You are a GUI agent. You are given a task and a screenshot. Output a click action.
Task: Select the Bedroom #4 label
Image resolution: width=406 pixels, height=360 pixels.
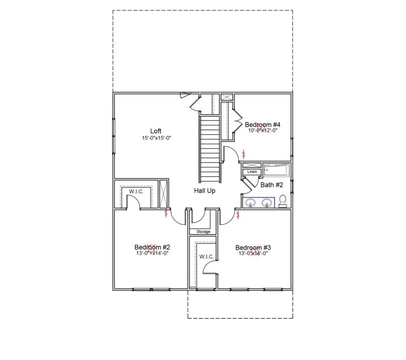263,124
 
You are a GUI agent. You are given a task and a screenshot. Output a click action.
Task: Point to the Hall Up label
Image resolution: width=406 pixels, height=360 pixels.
204,190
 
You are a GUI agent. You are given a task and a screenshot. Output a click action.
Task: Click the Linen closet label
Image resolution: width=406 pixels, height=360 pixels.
252,172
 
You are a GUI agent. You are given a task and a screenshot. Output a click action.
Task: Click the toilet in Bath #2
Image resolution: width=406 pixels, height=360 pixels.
282,201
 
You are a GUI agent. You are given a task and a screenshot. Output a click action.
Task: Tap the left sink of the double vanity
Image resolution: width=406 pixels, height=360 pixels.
251,203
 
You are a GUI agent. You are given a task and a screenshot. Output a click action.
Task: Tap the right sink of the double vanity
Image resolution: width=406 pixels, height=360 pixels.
267,203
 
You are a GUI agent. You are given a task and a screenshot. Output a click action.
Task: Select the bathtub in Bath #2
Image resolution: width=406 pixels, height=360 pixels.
276,171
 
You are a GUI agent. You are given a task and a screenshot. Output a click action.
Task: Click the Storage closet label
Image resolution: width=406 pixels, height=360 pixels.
203,232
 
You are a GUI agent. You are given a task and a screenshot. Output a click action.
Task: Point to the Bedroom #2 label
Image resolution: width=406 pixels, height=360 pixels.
153,247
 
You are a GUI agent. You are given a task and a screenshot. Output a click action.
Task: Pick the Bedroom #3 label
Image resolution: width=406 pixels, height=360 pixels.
253,247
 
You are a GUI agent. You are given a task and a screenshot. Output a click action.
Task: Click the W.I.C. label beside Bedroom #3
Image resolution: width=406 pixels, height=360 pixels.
206,257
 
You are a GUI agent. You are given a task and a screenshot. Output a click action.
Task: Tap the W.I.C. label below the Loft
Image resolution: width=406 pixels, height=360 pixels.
136,191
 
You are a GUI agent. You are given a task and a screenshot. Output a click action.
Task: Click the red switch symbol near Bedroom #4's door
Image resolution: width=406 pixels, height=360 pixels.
243,153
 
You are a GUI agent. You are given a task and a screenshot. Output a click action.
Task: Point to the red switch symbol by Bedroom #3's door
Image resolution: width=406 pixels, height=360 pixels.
238,215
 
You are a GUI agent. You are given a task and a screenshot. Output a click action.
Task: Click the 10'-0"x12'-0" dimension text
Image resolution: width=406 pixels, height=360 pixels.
263,130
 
